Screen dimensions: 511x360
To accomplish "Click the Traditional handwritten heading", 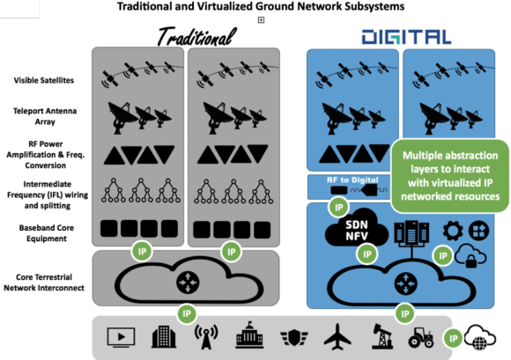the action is (x=196, y=36).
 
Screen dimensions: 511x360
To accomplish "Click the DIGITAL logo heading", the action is (x=406, y=37).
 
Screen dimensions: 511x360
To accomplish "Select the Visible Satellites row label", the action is (x=44, y=80).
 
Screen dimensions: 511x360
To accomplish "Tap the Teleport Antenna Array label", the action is (x=45, y=116).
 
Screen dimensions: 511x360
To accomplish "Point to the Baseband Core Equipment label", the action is (x=47, y=233).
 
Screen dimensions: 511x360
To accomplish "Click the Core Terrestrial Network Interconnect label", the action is (x=44, y=283).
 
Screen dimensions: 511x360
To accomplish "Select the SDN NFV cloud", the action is (x=357, y=230).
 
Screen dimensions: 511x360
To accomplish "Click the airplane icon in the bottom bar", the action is (x=337, y=335).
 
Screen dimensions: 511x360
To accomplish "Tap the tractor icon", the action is (x=421, y=337).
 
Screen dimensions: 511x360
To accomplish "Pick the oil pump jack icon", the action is (x=382, y=336).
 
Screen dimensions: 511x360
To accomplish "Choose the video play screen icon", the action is (x=121, y=337).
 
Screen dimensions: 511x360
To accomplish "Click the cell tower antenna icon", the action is (x=206, y=337).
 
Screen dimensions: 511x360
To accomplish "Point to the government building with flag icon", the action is (x=249, y=335).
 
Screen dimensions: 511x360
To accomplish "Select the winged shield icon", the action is (x=294, y=337).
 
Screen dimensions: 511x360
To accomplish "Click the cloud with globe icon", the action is (x=480, y=337).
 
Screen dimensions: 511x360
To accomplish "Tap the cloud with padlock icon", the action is (x=470, y=256).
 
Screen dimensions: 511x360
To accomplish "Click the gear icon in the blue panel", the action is (x=453, y=231).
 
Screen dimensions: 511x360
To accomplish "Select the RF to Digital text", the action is (x=352, y=180).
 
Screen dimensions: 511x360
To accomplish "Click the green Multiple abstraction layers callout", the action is (x=450, y=176).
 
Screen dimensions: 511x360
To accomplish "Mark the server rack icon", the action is (x=411, y=231).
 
